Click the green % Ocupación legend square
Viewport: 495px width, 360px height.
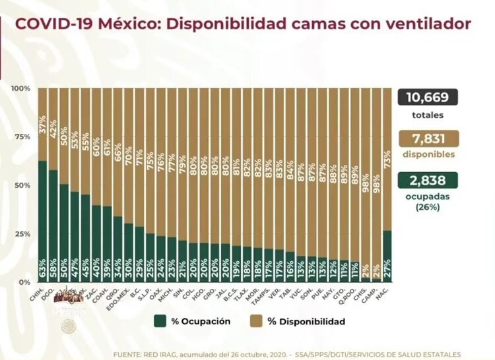[159, 321]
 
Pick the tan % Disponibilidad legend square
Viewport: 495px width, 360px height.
[254, 321]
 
